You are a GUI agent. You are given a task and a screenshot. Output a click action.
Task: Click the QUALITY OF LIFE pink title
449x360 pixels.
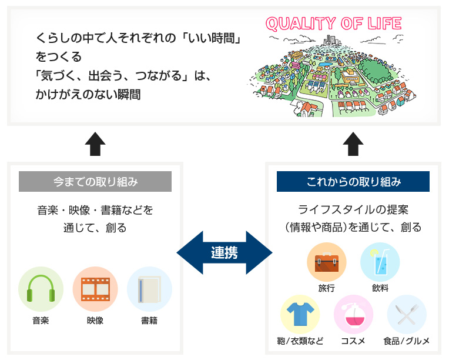(334, 24)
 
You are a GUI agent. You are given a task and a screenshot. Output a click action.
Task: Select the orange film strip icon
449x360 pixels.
(95, 289)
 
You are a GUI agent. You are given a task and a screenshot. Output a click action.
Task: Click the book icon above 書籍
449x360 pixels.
(149, 289)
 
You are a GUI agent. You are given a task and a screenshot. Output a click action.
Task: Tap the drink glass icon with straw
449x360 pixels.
(380, 261)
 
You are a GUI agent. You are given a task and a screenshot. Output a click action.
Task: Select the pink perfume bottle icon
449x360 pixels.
(354, 315)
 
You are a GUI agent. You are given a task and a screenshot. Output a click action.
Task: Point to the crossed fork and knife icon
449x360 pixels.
(407, 315)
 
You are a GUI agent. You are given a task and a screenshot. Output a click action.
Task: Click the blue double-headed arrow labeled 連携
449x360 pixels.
(224, 252)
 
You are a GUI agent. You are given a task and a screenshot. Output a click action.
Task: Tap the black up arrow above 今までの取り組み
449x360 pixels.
(95, 144)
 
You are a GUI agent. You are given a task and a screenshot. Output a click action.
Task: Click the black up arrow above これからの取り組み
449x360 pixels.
(353, 144)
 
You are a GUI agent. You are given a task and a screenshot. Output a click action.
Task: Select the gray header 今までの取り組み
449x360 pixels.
(95, 181)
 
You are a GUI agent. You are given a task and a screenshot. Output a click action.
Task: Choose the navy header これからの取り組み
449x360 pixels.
(353, 181)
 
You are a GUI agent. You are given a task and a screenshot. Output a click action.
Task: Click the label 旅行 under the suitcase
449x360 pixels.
(326, 288)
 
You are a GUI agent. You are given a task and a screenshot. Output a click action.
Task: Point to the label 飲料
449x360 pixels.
(380, 288)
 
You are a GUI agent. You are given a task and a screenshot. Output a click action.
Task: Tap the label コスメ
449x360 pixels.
(353, 341)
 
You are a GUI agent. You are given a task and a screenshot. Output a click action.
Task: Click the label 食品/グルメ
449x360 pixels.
(407, 341)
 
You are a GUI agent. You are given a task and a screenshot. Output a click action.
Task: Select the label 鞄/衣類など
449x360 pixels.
(300, 341)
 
